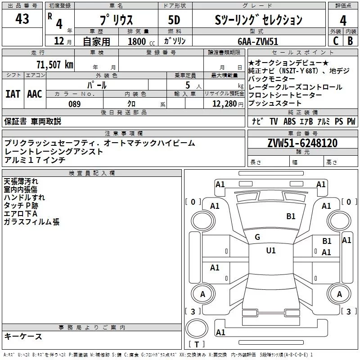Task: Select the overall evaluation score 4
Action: [x=343, y=21]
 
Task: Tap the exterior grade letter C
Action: [x=335, y=41]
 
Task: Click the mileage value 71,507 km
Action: [x=54, y=64]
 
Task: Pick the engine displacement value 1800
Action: [x=137, y=41]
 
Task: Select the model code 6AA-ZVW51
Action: [x=257, y=41]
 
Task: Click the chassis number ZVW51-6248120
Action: [x=302, y=143]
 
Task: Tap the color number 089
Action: [x=74, y=104]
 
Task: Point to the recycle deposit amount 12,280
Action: [x=223, y=104]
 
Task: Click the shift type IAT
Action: [x=13, y=94]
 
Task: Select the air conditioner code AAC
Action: [x=35, y=94]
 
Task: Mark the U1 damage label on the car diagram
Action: [x=270, y=251]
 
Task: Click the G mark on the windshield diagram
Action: [x=257, y=237]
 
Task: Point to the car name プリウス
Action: [x=116, y=20]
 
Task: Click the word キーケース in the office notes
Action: [x=23, y=336]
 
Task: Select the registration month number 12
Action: [x=59, y=41]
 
